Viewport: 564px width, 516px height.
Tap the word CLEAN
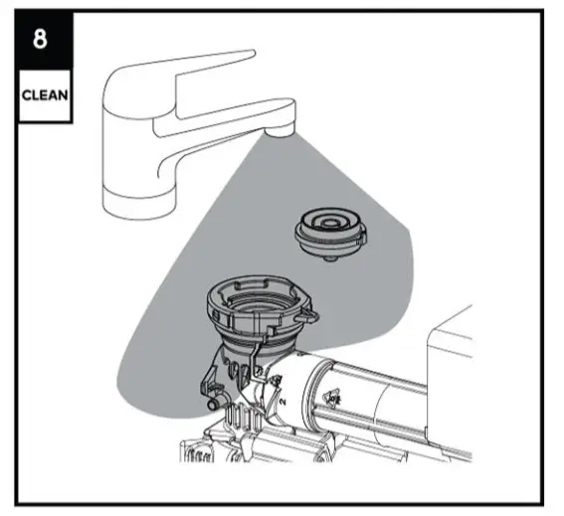click(43, 97)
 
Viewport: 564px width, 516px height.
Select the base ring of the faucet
click(138, 207)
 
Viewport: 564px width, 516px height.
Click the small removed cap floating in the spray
click(330, 234)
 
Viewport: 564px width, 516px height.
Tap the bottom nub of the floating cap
click(329, 260)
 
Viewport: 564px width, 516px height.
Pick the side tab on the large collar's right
click(311, 316)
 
